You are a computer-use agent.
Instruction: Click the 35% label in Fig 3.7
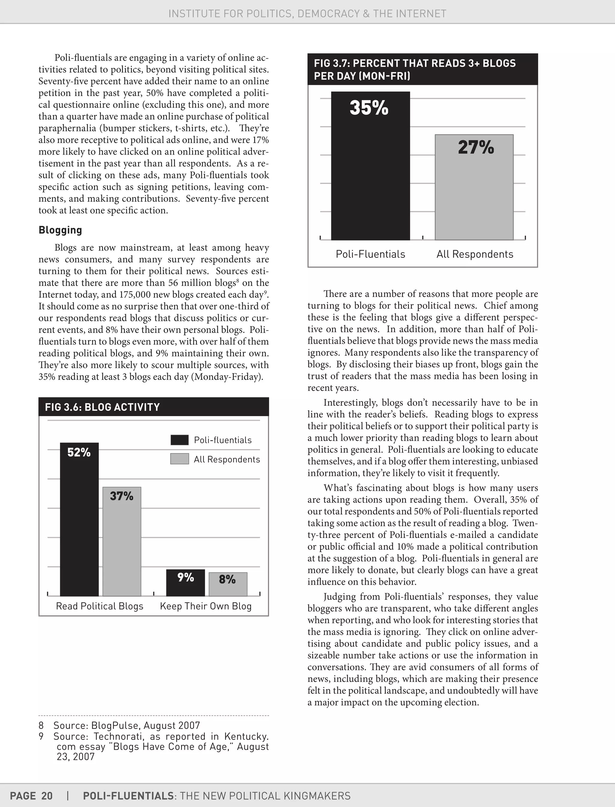click(369, 108)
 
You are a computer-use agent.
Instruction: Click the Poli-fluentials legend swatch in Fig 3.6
click(179, 440)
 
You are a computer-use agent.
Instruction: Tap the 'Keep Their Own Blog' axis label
click(206, 606)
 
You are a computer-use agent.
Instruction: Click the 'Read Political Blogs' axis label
click(100, 606)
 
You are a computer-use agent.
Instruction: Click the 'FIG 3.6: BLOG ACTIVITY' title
click(102, 407)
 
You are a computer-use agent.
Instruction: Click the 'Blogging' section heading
click(60, 230)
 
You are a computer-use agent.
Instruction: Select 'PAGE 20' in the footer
click(32, 796)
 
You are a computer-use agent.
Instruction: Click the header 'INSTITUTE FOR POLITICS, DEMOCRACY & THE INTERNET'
click(307, 14)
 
